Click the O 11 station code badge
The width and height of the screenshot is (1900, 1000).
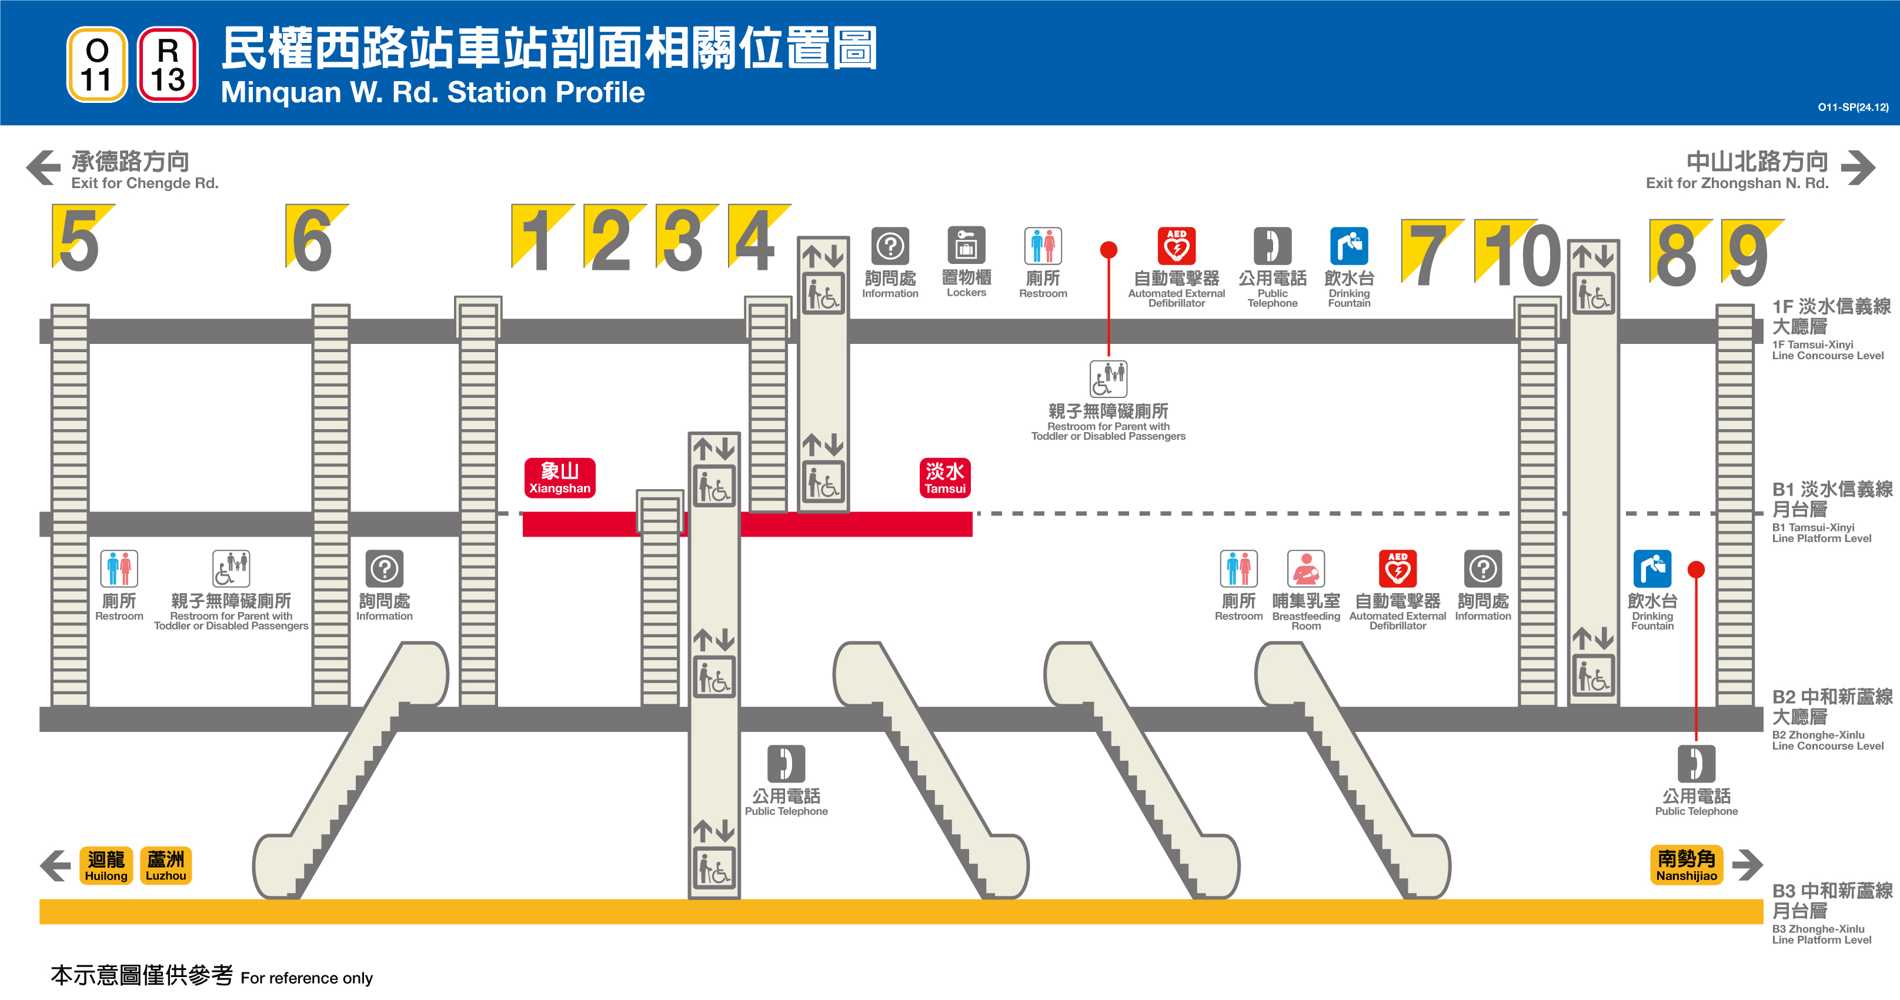coord(96,65)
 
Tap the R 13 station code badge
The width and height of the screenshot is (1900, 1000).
coord(168,65)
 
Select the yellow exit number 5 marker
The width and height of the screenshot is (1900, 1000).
coord(79,238)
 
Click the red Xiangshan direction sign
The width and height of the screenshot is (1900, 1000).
coord(559,478)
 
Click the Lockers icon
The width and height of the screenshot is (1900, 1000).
coord(966,246)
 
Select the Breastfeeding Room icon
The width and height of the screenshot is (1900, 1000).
coord(1305,568)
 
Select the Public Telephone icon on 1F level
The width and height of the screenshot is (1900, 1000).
coord(1273,246)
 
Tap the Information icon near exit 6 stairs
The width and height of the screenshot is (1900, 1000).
coord(384,568)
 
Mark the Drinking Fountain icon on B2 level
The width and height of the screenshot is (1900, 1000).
coord(1652,568)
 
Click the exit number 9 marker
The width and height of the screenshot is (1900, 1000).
coord(1749,253)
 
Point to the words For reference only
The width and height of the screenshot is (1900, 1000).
coord(306,978)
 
